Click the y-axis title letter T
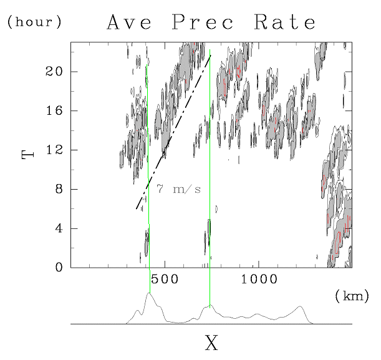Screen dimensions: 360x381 click(x=28, y=151)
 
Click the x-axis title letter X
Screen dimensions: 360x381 click(x=212, y=342)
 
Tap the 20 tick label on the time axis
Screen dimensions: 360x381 click(x=54, y=71)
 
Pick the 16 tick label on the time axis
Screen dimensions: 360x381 click(x=54, y=110)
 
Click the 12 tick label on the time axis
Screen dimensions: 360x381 click(x=54, y=150)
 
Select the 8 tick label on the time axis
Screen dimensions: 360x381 click(x=58, y=189)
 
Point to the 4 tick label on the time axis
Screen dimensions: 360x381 click(x=58, y=228)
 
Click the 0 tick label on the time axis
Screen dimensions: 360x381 click(x=58, y=268)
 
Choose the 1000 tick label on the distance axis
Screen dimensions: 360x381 click(x=258, y=280)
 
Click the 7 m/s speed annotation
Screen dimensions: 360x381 click(x=178, y=189)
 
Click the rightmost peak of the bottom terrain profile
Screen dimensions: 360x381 click(x=301, y=306)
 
